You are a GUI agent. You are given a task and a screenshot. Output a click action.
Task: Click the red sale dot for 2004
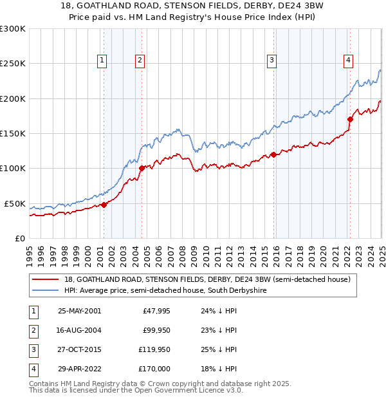(x=142, y=169)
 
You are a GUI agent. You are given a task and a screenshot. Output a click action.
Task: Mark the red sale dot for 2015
(x=273, y=154)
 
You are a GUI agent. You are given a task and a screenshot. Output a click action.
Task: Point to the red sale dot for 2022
(x=351, y=119)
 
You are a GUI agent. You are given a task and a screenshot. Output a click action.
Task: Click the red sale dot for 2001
(x=104, y=205)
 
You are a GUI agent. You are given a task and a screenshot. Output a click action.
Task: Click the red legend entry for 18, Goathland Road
(x=206, y=279)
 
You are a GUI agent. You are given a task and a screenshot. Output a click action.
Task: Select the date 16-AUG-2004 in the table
(x=80, y=330)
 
